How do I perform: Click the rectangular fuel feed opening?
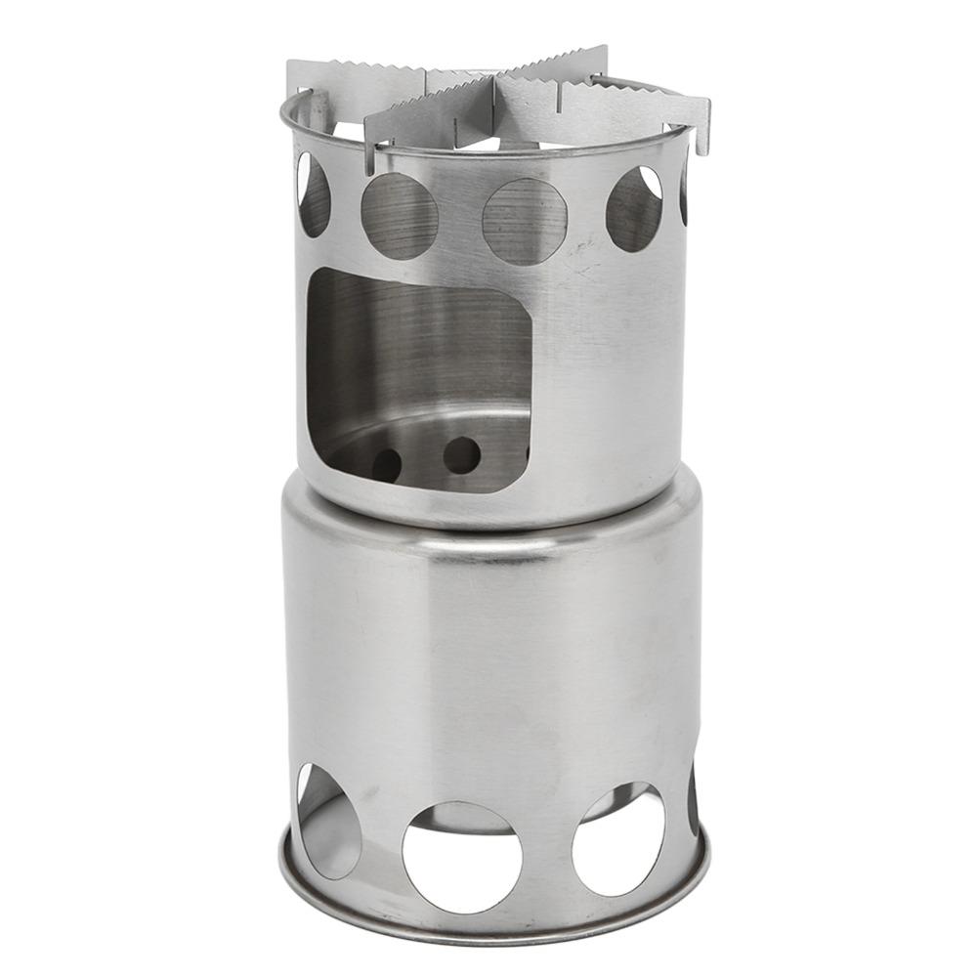[x=420, y=376]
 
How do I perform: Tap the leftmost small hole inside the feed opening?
[x=386, y=464]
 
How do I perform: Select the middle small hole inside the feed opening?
[x=461, y=455]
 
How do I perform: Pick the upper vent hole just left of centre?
[x=399, y=216]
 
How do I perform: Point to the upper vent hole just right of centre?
[x=634, y=209]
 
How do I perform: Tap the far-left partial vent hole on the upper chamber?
[x=313, y=194]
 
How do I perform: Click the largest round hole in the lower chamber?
[x=462, y=856]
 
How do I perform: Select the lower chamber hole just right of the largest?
[x=617, y=838]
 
